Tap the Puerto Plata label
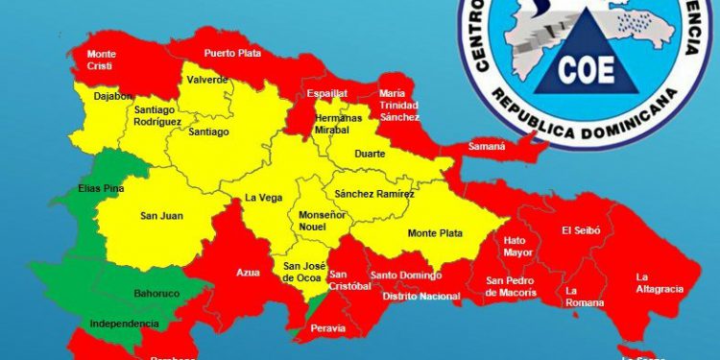231,55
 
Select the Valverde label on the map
208,81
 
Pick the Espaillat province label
327,95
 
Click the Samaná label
487,147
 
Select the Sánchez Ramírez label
375,194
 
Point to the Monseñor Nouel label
322,221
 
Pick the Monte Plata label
435,233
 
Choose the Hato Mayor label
517,246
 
